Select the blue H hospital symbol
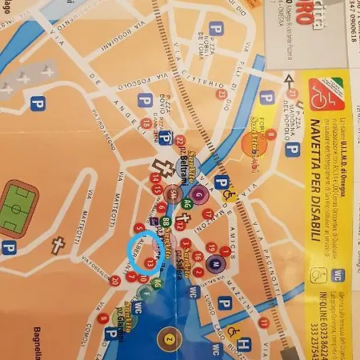click(245, 344)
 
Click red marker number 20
click(115, 280)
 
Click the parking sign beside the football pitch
click(9, 249)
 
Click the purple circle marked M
click(214, 262)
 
